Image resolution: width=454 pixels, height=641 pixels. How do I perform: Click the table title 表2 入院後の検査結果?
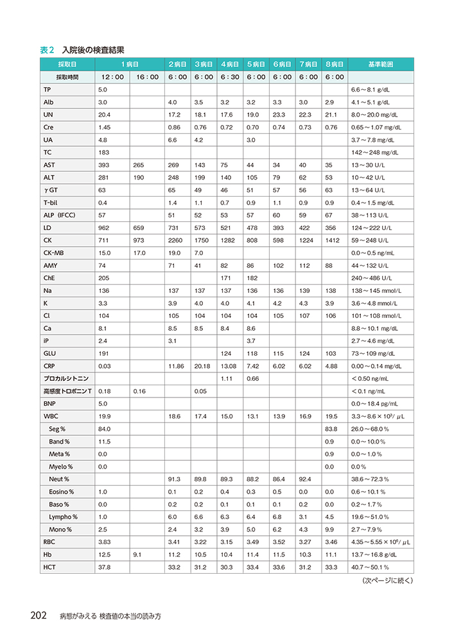82,49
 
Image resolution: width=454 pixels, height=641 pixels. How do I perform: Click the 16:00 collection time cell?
147,77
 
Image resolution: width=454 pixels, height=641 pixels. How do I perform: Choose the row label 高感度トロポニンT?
67,391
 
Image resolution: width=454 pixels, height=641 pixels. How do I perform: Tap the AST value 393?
103,165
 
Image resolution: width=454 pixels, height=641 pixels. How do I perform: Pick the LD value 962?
103,228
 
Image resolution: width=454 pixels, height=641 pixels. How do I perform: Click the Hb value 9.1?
137,554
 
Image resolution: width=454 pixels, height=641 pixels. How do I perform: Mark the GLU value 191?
103,353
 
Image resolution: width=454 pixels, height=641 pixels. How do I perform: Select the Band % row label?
61,442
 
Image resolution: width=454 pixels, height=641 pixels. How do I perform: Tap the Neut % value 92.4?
305,479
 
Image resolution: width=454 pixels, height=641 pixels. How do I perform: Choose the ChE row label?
50,278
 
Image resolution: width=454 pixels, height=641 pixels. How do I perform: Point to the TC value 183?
103,152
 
